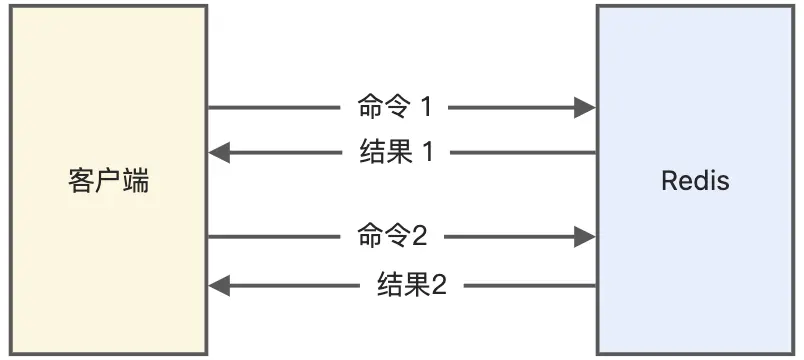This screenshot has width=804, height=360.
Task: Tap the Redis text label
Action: [x=695, y=182]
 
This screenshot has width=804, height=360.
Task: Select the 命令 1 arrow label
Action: [x=395, y=107]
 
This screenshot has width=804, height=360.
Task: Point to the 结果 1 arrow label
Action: [x=396, y=153]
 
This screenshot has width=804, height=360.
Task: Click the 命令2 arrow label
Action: [x=392, y=236]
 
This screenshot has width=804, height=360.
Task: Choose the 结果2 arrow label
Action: [x=412, y=286]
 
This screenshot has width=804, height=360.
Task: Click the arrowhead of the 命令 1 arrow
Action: [x=585, y=107]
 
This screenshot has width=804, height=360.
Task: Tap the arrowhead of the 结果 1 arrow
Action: [x=220, y=153]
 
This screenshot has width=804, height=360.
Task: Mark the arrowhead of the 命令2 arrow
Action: [x=585, y=236]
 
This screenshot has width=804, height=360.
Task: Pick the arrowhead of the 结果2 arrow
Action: [x=220, y=286]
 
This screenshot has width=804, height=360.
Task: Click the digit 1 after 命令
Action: [x=427, y=107]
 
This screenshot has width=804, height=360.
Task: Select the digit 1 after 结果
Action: [x=428, y=153]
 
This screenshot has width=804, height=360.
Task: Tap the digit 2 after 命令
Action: [x=419, y=236]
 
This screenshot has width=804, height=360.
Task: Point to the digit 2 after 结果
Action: [x=438, y=286]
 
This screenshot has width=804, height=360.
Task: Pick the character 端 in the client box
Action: [x=137, y=182]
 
